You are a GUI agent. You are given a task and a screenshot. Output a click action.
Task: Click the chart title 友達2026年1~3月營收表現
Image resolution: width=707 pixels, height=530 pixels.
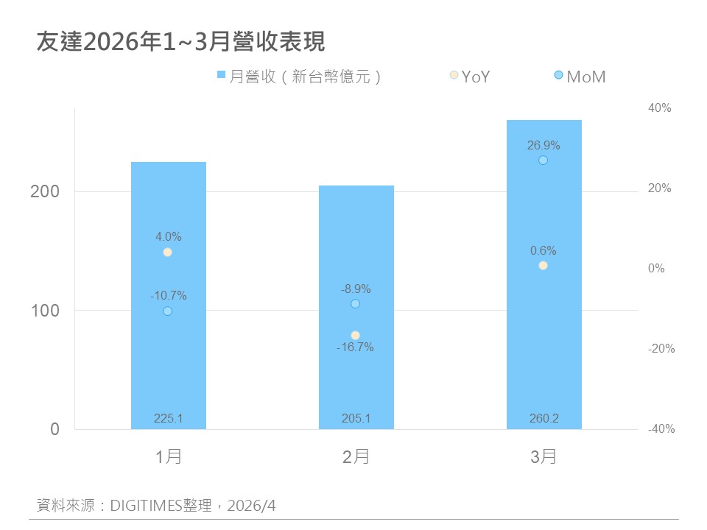[x=180, y=42]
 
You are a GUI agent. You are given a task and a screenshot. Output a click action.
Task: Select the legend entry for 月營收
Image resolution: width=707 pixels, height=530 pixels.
[x=299, y=76]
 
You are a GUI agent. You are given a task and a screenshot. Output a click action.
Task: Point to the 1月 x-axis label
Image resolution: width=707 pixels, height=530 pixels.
[x=169, y=457]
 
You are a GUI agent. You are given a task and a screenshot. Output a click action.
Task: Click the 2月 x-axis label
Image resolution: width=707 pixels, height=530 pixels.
[x=356, y=457]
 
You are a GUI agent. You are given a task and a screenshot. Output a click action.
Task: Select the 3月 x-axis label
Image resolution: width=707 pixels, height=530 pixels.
[x=544, y=457]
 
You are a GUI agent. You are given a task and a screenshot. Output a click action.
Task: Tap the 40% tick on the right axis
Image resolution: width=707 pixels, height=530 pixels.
[x=659, y=108]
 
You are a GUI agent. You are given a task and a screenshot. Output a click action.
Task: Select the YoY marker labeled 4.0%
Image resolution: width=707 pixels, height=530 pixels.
[x=167, y=252]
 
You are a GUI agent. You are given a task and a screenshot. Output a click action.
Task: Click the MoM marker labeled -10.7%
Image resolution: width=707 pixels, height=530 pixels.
[x=167, y=311]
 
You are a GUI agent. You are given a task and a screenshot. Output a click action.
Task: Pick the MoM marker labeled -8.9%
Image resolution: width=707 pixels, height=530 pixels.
[x=356, y=304]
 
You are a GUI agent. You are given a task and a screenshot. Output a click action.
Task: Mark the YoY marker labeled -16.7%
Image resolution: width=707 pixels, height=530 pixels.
[x=356, y=335]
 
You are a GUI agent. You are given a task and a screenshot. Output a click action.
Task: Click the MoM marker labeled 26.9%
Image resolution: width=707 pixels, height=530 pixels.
[x=543, y=160]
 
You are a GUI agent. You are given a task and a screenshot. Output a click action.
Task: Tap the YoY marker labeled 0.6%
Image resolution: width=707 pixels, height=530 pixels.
[x=543, y=266]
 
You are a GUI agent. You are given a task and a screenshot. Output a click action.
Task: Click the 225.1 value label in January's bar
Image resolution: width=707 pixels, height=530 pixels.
[x=169, y=419]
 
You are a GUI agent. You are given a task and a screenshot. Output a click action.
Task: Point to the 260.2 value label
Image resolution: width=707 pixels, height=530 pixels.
[x=544, y=419]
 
